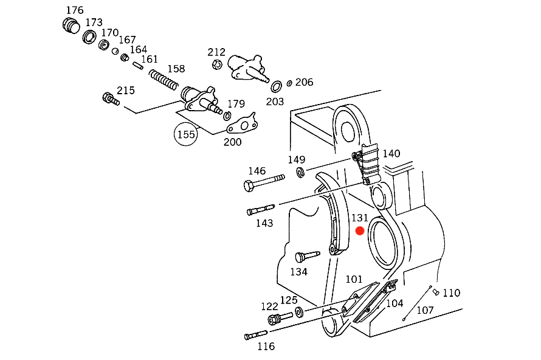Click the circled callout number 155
[x=186, y=134]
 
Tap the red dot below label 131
[x=360, y=230]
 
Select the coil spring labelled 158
[x=164, y=79]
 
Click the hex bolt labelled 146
[x=264, y=182]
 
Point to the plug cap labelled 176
[x=71, y=26]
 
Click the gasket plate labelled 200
[x=243, y=123]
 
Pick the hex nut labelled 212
[x=217, y=64]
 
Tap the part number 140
[x=391, y=153]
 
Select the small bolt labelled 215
[x=111, y=99]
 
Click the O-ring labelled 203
[x=276, y=86]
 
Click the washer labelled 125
[x=299, y=312]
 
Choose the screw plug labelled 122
[x=280, y=318]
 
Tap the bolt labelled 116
[x=256, y=335]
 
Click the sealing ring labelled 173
[x=89, y=36]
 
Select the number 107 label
[x=425, y=310]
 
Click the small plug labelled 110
[x=436, y=292]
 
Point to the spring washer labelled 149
[x=300, y=172]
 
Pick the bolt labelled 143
[x=261, y=210]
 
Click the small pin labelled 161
[x=138, y=66]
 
